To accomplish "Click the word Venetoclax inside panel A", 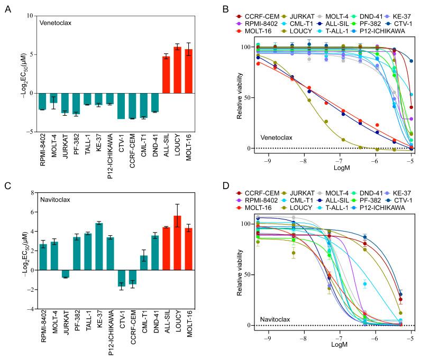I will (58, 24).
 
